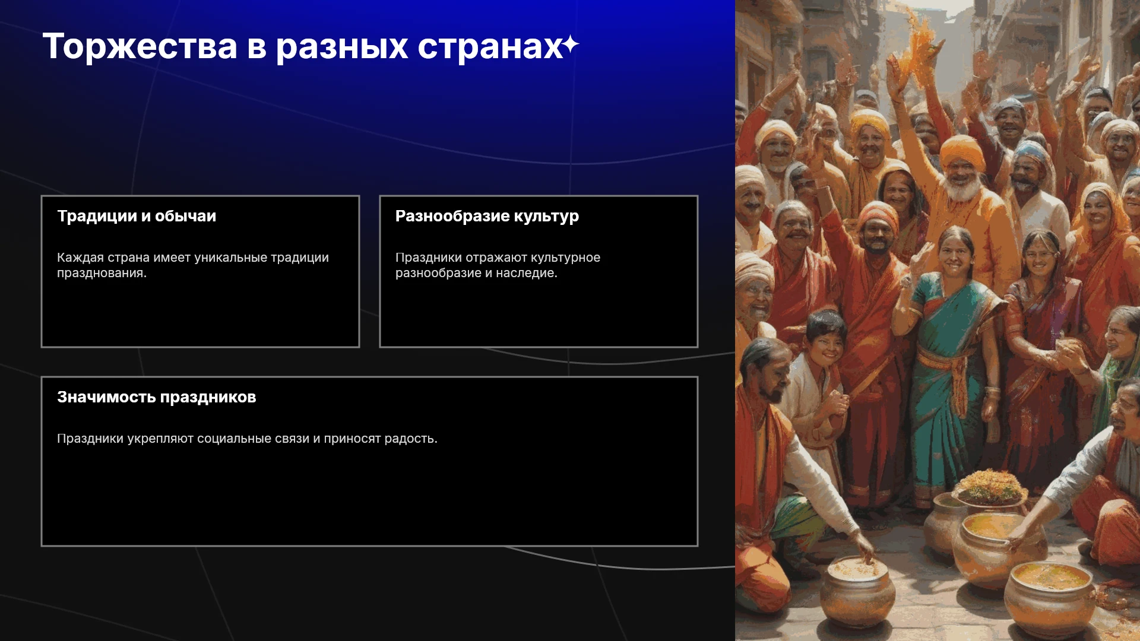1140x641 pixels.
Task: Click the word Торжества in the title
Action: click(x=140, y=46)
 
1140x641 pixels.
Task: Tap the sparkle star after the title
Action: click(x=571, y=45)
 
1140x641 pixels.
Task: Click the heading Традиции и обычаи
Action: click(x=137, y=216)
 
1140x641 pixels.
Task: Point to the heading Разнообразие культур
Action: click(x=487, y=217)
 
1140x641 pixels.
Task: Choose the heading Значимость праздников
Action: click(x=157, y=397)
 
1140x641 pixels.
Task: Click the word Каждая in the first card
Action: click(x=80, y=258)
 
